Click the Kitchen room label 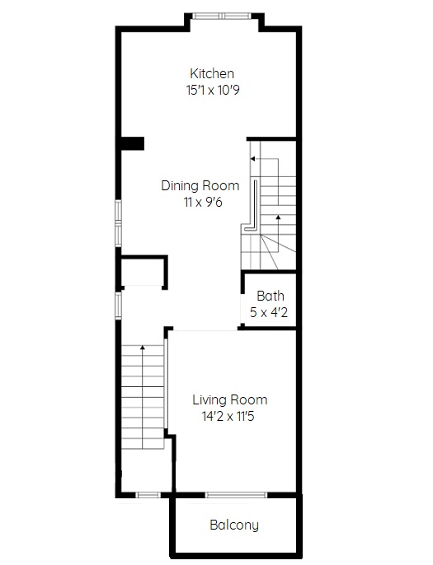click(x=212, y=73)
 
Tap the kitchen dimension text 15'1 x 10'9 click(x=213, y=90)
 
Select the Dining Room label click(x=200, y=185)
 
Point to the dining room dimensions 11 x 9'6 click(x=203, y=202)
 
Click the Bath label click(x=271, y=296)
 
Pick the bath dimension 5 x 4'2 click(x=269, y=312)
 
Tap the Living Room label click(x=230, y=399)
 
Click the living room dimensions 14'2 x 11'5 click(x=228, y=416)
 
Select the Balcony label click(x=234, y=525)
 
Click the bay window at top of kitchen click(x=222, y=16)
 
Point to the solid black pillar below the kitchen click(x=132, y=143)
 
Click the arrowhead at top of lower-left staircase click(x=143, y=348)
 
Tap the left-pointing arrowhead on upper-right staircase click(x=252, y=158)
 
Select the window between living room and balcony click(x=236, y=495)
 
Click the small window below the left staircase click(x=148, y=495)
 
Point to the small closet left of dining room click(x=143, y=272)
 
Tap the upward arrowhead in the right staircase click(x=278, y=217)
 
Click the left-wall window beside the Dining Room click(x=119, y=223)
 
